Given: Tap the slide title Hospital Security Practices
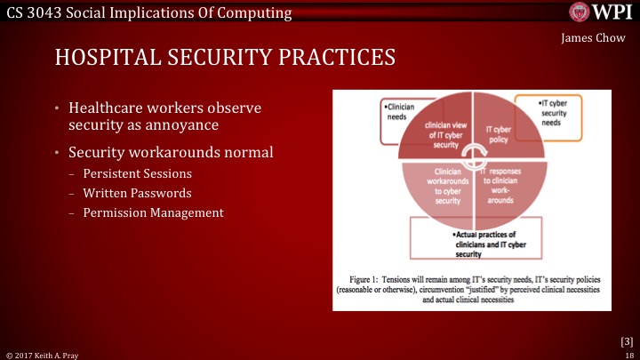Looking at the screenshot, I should (x=225, y=57).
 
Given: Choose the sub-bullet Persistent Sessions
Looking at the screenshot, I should (x=136, y=173).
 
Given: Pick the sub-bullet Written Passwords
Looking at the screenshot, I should (x=137, y=193).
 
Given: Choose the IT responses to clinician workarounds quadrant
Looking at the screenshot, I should (x=505, y=185).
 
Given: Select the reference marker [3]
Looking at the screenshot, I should (x=625, y=340).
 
